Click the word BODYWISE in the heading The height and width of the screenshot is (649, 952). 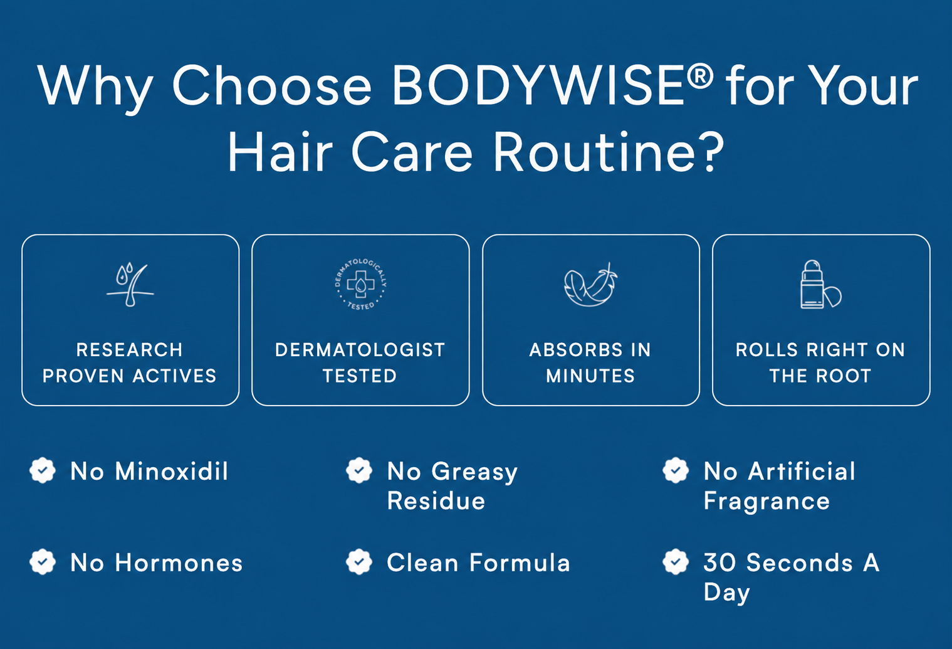click(x=538, y=85)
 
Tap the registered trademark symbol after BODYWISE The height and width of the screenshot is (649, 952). click(x=700, y=76)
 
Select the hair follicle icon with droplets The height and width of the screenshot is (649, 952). click(x=130, y=285)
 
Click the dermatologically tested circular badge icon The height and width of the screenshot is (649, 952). click(x=360, y=284)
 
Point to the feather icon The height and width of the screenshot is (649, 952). click(x=591, y=284)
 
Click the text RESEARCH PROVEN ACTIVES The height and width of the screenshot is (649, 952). click(x=130, y=363)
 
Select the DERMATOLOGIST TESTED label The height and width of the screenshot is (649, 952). click(x=360, y=363)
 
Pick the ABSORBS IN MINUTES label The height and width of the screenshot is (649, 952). click(x=590, y=363)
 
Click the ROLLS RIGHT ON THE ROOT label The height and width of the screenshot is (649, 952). click(x=820, y=363)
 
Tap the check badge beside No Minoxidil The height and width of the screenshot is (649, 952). click(x=43, y=470)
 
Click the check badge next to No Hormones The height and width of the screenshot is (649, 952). click(x=43, y=562)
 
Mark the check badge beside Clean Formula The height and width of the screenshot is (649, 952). click(x=359, y=562)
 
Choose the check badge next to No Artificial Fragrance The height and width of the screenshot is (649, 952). click(x=676, y=470)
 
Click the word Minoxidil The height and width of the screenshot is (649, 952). click(x=172, y=471)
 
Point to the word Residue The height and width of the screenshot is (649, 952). click(x=436, y=500)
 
